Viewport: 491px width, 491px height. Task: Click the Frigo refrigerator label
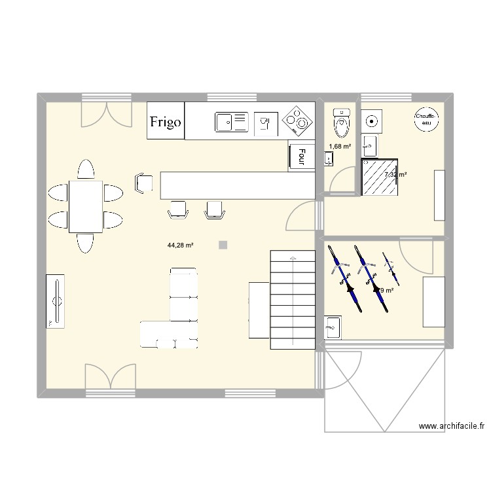tap(166, 121)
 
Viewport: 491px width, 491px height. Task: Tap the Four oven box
tap(301, 156)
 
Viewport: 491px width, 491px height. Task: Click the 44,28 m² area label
tap(180, 245)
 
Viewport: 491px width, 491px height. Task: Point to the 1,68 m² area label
tap(339, 147)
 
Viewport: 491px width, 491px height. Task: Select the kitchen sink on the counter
tap(231, 120)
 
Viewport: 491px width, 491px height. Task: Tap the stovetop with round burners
tap(295, 121)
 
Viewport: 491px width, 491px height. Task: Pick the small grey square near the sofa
tap(223, 245)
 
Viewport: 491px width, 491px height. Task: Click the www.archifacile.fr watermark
tap(451, 426)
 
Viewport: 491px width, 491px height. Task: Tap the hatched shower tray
tap(380, 177)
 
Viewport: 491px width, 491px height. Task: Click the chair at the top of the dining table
tap(86, 170)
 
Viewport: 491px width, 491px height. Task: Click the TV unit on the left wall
tap(56, 300)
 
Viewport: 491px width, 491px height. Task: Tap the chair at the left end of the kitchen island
tap(143, 183)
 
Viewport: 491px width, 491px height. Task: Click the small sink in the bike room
tap(333, 326)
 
